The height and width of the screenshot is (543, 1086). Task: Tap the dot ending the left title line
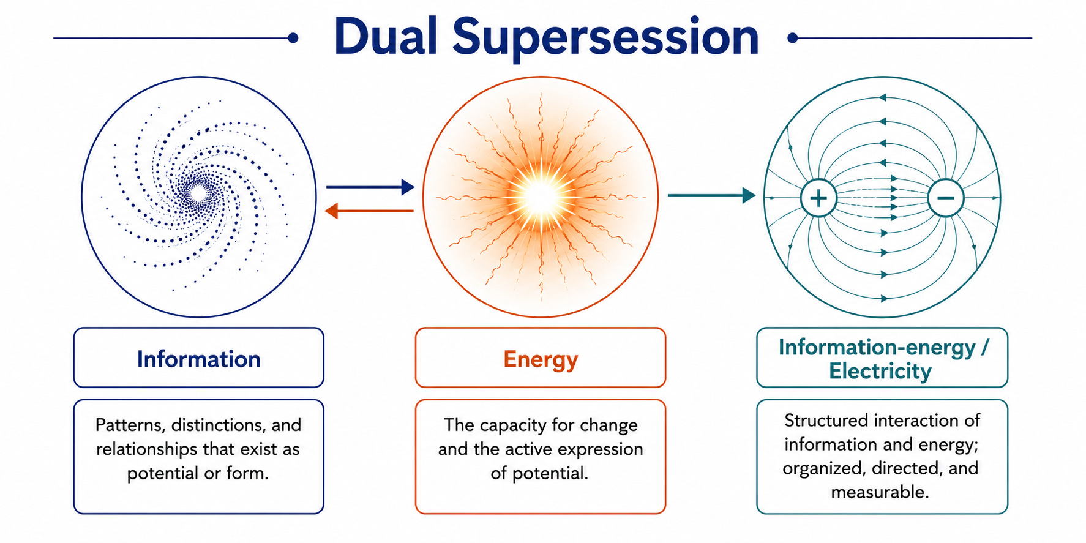pyautogui.click(x=293, y=38)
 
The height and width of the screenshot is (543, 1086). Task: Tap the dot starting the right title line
pyautogui.click(x=793, y=38)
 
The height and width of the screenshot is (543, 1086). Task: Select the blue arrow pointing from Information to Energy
pyautogui.click(x=370, y=187)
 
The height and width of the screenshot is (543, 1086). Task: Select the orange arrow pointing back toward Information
pyautogui.click(x=369, y=211)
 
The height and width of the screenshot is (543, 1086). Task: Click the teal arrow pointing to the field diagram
pyautogui.click(x=711, y=195)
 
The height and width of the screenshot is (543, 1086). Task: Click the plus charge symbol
pyautogui.click(x=818, y=198)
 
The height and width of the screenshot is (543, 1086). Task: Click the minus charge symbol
pyautogui.click(x=946, y=198)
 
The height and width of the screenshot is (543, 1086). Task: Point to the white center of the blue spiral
pyautogui.click(x=198, y=194)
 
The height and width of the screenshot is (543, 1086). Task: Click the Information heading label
pyautogui.click(x=199, y=359)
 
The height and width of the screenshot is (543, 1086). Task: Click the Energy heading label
pyautogui.click(x=541, y=360)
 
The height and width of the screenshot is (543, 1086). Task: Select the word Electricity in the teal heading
pyautogui.click(x=880, y=372)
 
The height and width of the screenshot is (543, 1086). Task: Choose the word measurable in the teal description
pyautogui.click(x=880, y=492)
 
